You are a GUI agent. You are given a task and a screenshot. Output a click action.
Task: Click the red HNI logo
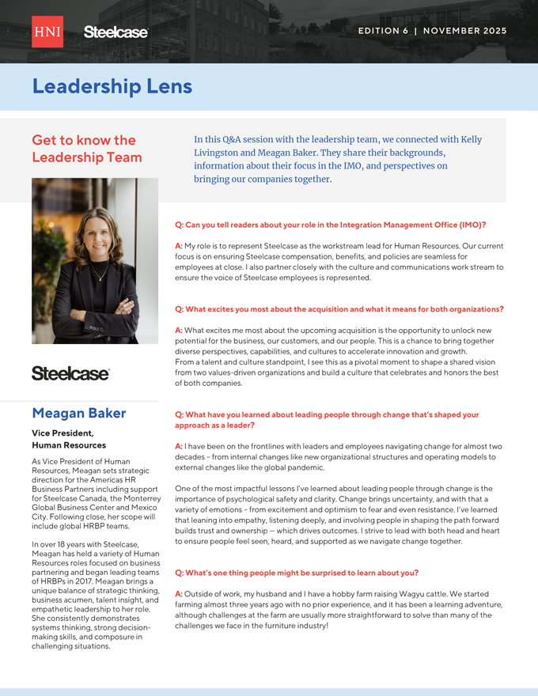coord(47,32)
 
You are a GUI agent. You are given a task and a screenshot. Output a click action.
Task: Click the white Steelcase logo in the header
coord(116,32)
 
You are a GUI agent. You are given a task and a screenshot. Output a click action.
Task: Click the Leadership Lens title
coord(112,86)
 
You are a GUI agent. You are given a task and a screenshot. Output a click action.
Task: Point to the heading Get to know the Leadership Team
coord(87,149)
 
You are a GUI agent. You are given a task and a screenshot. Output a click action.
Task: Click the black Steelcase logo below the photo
coord(70,373)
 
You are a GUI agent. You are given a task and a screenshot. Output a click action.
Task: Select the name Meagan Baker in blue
coord(79,413)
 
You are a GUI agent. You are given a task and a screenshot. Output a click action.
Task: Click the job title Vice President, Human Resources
coord(69,439)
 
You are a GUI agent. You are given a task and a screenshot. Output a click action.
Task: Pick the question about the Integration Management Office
coord(330,225)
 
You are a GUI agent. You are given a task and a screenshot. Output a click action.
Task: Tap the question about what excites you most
coord(339,308)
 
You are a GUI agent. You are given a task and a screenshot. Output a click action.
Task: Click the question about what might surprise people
coord(296,572)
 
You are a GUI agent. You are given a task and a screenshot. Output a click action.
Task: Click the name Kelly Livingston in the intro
coord(466,139)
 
